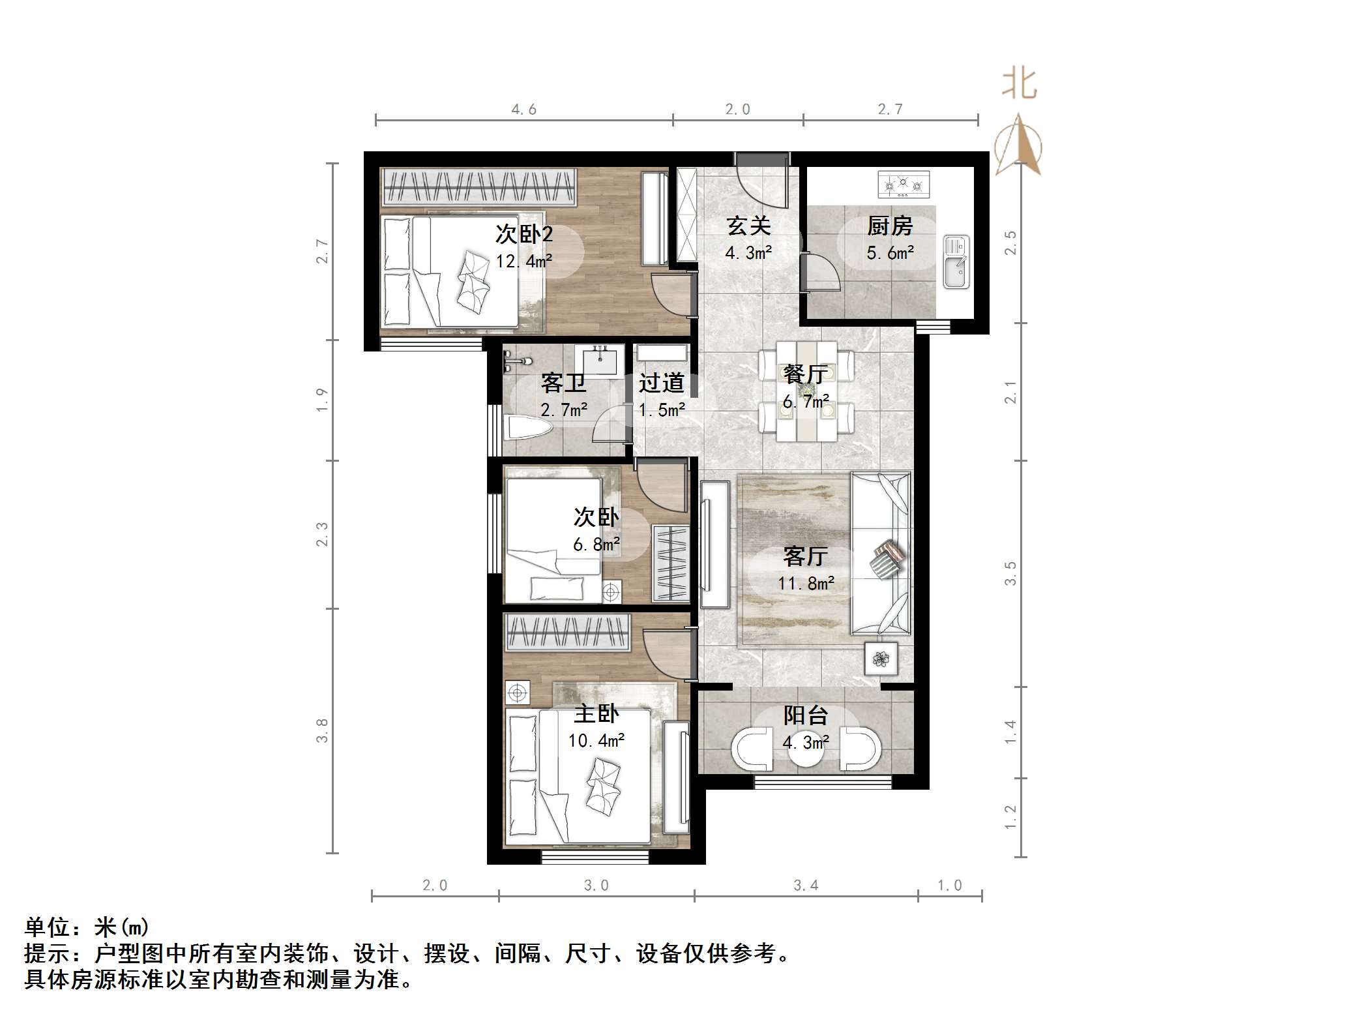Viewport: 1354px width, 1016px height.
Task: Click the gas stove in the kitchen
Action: (x=903, y=185)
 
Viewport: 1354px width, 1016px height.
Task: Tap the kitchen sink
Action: (x=956, y=261)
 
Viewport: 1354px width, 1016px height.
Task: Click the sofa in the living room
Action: (x=880, y=553)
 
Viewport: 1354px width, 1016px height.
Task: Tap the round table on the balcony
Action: (x=806, y=750)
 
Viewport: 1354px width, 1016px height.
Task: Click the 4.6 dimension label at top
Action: (x=523, y=110)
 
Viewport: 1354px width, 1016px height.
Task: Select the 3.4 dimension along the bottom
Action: (x=806, y=885)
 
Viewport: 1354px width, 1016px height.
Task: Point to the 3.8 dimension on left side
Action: (x=321, y=730)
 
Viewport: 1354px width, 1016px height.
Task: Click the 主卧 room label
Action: (x=596, y=714)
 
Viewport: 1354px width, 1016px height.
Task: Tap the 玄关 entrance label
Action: (x=748, y=226)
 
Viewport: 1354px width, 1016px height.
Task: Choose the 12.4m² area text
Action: (x=523, y=261)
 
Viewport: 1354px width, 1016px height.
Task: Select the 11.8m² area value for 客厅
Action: (x=806, y=583)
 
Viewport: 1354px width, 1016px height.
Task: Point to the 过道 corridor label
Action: (x=661, y=383)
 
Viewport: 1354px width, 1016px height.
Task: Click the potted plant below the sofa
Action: (x=881, y=659)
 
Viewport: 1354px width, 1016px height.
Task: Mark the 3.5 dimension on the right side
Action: (x=1010, y=573)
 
